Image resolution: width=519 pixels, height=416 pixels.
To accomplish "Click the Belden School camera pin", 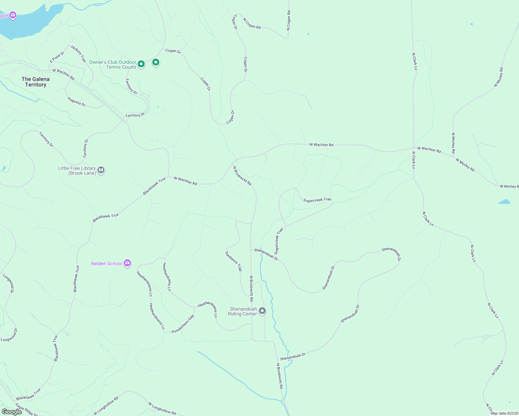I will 127,263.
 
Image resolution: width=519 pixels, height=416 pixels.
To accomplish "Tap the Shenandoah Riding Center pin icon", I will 262,311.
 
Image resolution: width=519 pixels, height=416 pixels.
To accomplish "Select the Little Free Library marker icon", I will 101,170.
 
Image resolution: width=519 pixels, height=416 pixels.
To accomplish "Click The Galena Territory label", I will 35,82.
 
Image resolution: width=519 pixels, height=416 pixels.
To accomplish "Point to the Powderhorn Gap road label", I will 183,324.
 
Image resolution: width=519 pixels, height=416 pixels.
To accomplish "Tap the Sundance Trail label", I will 233,261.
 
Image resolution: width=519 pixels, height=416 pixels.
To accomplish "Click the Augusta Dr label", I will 76,102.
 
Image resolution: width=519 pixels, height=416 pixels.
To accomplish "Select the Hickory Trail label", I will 78,54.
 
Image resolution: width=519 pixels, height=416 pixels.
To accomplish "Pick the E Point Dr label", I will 57,57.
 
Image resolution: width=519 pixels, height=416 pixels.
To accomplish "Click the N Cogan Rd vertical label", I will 289,20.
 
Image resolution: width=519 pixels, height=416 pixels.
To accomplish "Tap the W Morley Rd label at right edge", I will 509,187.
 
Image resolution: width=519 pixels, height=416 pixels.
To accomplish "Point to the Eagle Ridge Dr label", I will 26,410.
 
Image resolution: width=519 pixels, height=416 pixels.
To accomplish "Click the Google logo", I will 12,411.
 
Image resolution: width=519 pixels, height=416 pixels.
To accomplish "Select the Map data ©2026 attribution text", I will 504,413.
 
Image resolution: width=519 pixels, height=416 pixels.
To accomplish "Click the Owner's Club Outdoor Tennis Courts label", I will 112,64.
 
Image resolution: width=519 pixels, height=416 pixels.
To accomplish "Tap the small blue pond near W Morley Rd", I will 504,201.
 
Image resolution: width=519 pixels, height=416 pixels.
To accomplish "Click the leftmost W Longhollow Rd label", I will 106,406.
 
